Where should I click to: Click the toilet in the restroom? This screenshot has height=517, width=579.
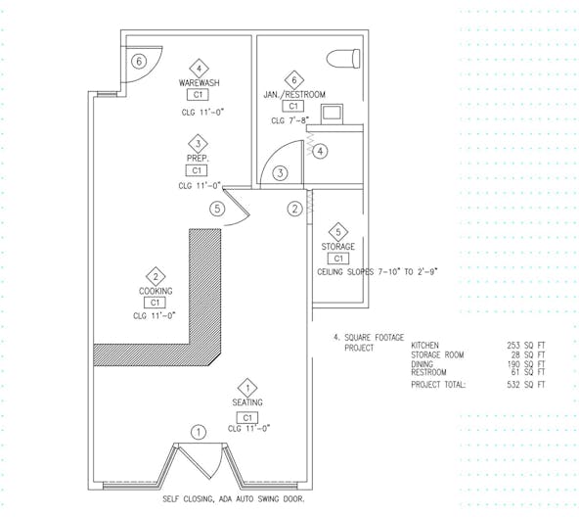click(343, 59)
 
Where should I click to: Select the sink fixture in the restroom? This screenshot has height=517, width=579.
click(332, 115)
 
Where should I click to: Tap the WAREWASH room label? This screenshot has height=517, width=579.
click(200, 83)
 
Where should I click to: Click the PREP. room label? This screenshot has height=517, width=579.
click(198, 159)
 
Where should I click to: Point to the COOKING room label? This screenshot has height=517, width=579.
click(156, 291)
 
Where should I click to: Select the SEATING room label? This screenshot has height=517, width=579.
click(247, 402)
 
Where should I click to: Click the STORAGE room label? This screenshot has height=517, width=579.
click(337, 247)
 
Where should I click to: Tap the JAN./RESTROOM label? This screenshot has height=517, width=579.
click(294, 95)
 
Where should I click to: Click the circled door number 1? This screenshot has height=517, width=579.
click(199, 432)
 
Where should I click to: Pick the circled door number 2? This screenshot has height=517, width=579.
click(294, 209)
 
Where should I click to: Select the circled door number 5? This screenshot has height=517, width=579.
click(217, 209)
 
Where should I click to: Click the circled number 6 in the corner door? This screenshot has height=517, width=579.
click(139, 61)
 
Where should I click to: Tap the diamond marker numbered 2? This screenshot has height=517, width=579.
click(156, 276)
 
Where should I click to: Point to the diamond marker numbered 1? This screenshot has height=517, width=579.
click(247, 388)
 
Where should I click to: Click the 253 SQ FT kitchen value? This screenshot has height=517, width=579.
click(526, 346)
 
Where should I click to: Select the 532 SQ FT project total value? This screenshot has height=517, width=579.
click(526, 385)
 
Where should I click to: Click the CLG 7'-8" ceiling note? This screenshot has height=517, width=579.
click(289, 120)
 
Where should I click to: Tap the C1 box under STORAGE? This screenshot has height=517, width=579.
click(338, 258)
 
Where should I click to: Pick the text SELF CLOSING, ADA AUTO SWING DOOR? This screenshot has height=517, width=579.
click(234, 498)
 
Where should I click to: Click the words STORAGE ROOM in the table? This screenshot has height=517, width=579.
click(437, 355)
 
